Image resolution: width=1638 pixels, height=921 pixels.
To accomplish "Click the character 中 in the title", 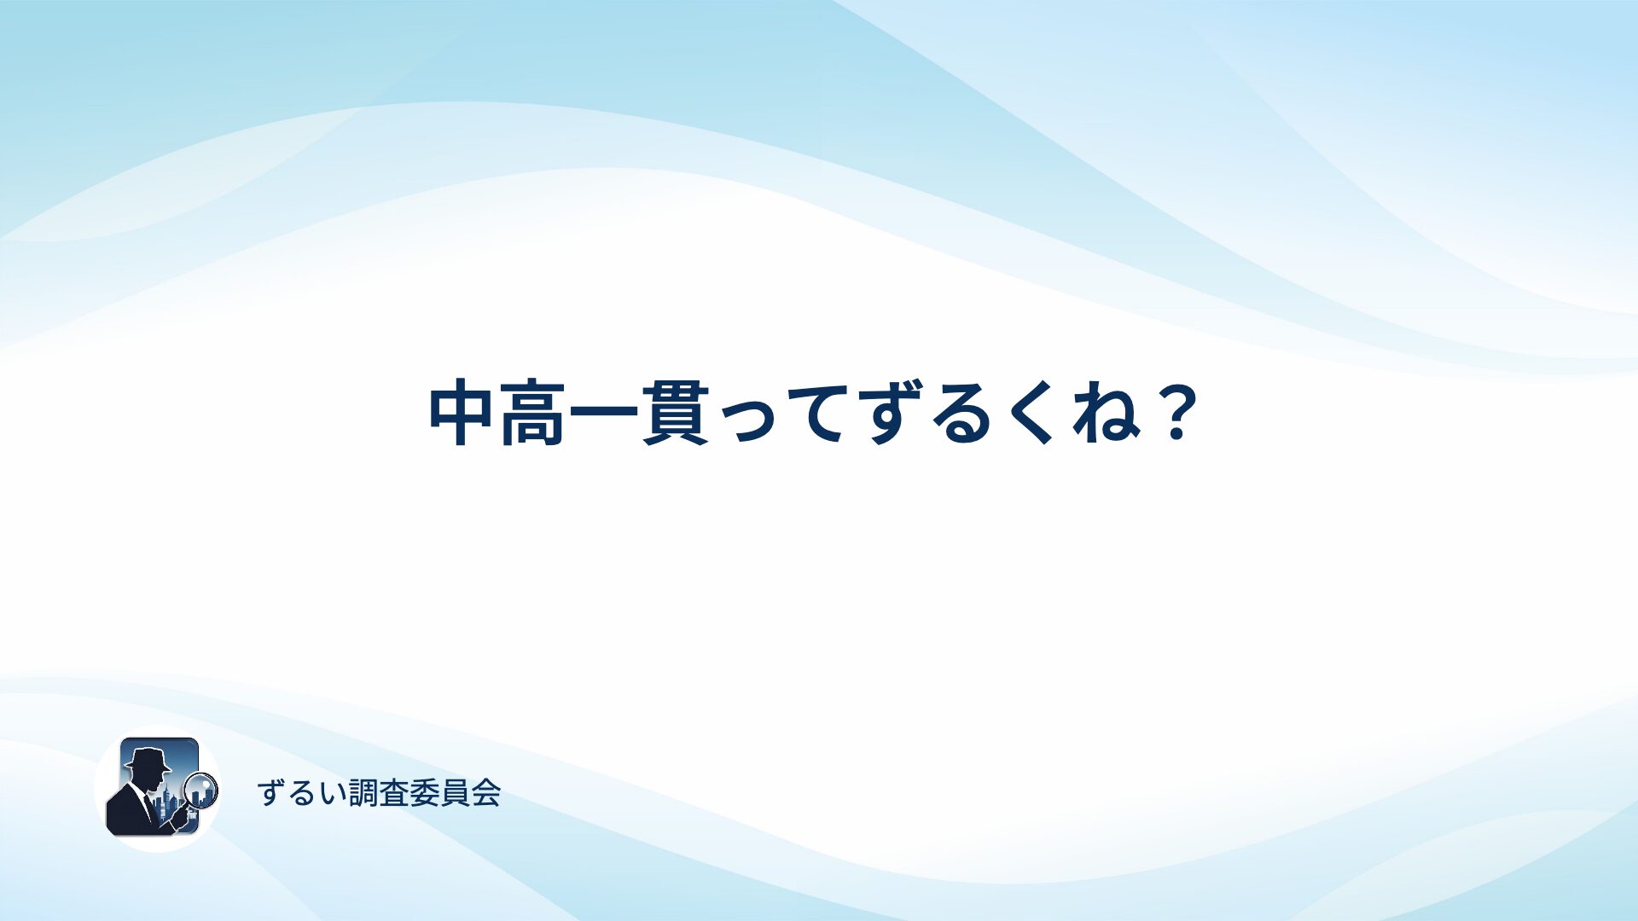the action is [x=462, y=414].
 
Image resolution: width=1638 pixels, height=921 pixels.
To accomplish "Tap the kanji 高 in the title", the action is [x=533, y=414].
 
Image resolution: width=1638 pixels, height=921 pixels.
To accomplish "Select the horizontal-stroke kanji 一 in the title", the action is [x=604, y=414].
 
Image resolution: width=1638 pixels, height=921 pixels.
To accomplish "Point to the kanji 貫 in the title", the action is [x=676, y=414].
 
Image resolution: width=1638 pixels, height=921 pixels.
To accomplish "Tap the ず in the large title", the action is [x=890, y=414].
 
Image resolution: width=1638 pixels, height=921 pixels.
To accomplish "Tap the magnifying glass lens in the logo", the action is [x=202, y=790].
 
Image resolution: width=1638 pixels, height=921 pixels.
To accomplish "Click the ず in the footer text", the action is [x=272, y=793].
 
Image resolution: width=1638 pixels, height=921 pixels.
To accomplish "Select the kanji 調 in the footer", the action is [x=364, y=793].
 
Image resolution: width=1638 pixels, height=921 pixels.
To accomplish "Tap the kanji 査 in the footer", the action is [x=395, y=793].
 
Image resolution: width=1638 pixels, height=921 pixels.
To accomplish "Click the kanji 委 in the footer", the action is [x=425, y=793].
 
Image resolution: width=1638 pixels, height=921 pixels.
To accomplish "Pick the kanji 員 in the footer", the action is [x=456, y=793].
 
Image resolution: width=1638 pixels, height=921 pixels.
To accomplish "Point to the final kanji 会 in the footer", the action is [x=485, y=793].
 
